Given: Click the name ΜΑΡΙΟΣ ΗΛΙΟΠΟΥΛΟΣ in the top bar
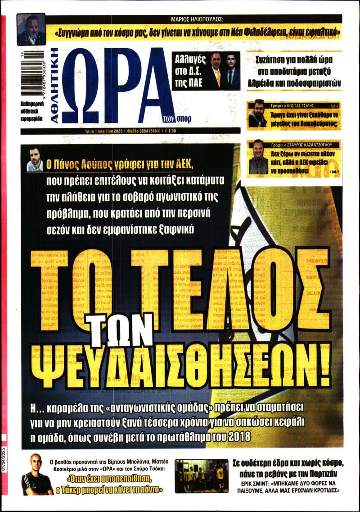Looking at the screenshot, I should (x=198, y=19).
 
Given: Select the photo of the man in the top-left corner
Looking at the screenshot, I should (x=31, y=30).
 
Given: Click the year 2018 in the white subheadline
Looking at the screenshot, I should (x=241, y=437).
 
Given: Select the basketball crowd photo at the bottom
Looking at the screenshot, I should (x=201, y=476).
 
